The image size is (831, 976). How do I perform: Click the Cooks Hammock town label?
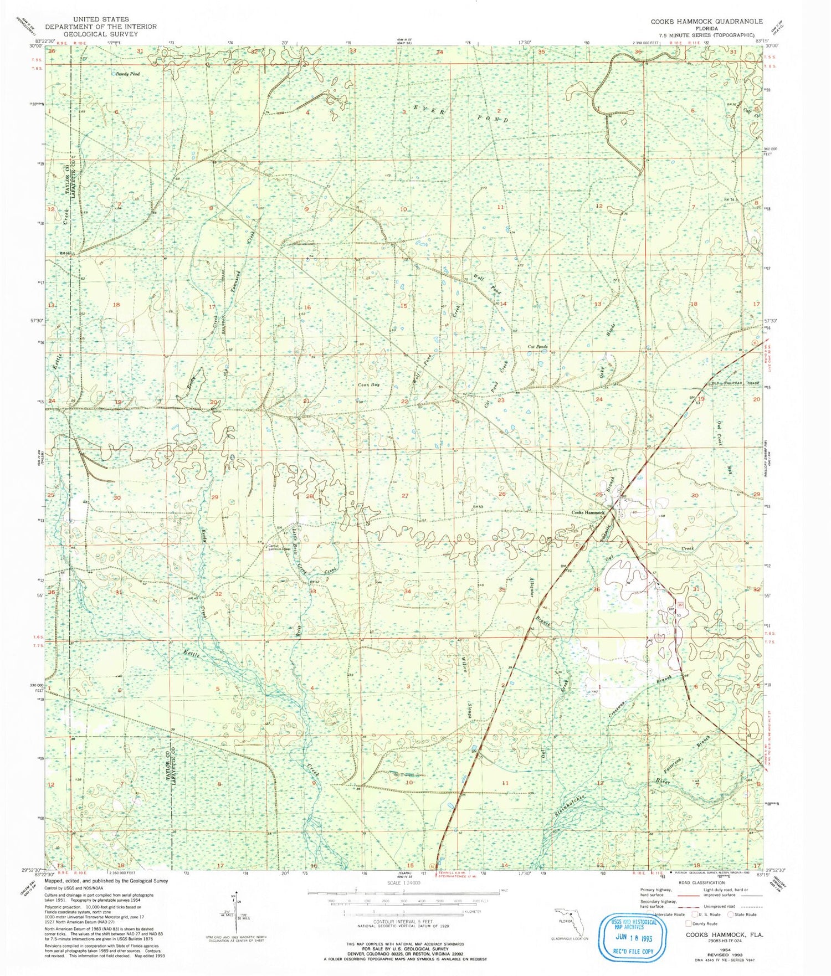pyautogui.click(x=588, y=513)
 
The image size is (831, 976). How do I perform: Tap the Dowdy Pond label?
pyautogui.click(x=127, y=74)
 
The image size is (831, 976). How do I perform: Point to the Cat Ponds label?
pyautogui.click(x=537, y=347)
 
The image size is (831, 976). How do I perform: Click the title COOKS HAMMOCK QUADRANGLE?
pyautogui.click(x=706, y=21)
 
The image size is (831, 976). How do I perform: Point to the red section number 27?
pyautogui.click(x=405, y=496)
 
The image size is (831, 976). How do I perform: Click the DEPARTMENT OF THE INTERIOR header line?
pyautogui.click(x=101, y=27)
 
